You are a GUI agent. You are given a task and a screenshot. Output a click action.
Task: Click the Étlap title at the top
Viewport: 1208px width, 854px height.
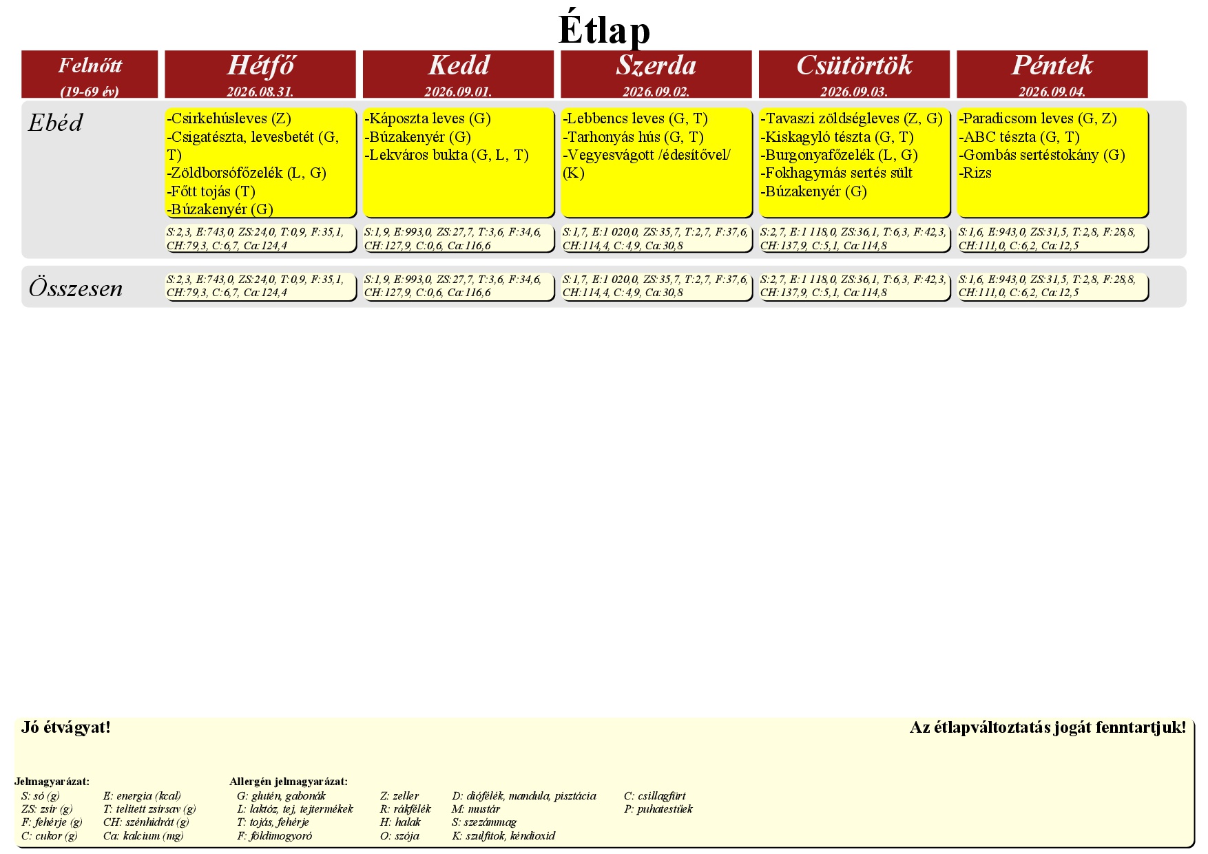point(604,30)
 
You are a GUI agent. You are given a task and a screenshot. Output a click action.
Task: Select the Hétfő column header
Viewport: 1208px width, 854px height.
point(260,65)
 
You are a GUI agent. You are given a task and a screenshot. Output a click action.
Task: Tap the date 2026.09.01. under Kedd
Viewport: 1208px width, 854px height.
point(458,92)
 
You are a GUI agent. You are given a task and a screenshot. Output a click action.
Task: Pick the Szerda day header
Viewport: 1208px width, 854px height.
point(656,65)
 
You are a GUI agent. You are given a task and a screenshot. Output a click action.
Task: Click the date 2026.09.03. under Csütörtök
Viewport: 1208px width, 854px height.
point(854,92)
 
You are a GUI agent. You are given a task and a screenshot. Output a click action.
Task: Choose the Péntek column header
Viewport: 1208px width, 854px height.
point(1052,65)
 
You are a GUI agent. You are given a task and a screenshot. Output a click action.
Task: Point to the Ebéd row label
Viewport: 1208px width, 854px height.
point(55,123)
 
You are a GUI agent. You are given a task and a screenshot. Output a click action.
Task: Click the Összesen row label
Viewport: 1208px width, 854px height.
point(76,288)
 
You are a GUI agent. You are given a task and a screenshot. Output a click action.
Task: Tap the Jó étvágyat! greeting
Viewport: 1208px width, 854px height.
point(66,727)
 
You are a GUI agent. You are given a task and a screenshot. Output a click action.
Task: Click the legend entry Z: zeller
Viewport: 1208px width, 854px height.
point(399,796)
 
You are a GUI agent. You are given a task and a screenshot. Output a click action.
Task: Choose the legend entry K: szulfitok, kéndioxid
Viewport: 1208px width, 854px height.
point(503,836)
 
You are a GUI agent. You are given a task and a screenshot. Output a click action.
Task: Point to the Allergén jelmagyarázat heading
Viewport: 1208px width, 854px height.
point(289,782)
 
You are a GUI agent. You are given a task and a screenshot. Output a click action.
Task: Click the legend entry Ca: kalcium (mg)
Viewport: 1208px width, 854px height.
point(143,836)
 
